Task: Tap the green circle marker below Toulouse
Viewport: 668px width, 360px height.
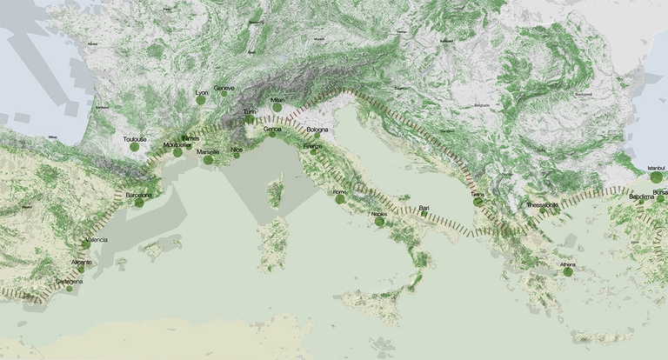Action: [x=135, y=148]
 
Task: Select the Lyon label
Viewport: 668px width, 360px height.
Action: [x=203, y=92]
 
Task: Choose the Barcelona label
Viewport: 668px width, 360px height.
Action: [x=138, y=195]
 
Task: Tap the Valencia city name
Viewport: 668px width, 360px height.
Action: [x=96, y=239]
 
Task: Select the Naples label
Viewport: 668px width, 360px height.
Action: [x=379, y=213]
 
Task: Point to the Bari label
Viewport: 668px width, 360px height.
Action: [x=424, y=207]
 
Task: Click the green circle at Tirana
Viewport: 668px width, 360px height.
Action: [x=478, y=203]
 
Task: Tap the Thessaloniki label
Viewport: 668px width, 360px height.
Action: [x=542, y=205]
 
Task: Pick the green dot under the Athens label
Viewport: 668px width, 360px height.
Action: [x=568, y=272]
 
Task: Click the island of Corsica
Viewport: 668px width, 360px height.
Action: [x=276, y=192]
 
